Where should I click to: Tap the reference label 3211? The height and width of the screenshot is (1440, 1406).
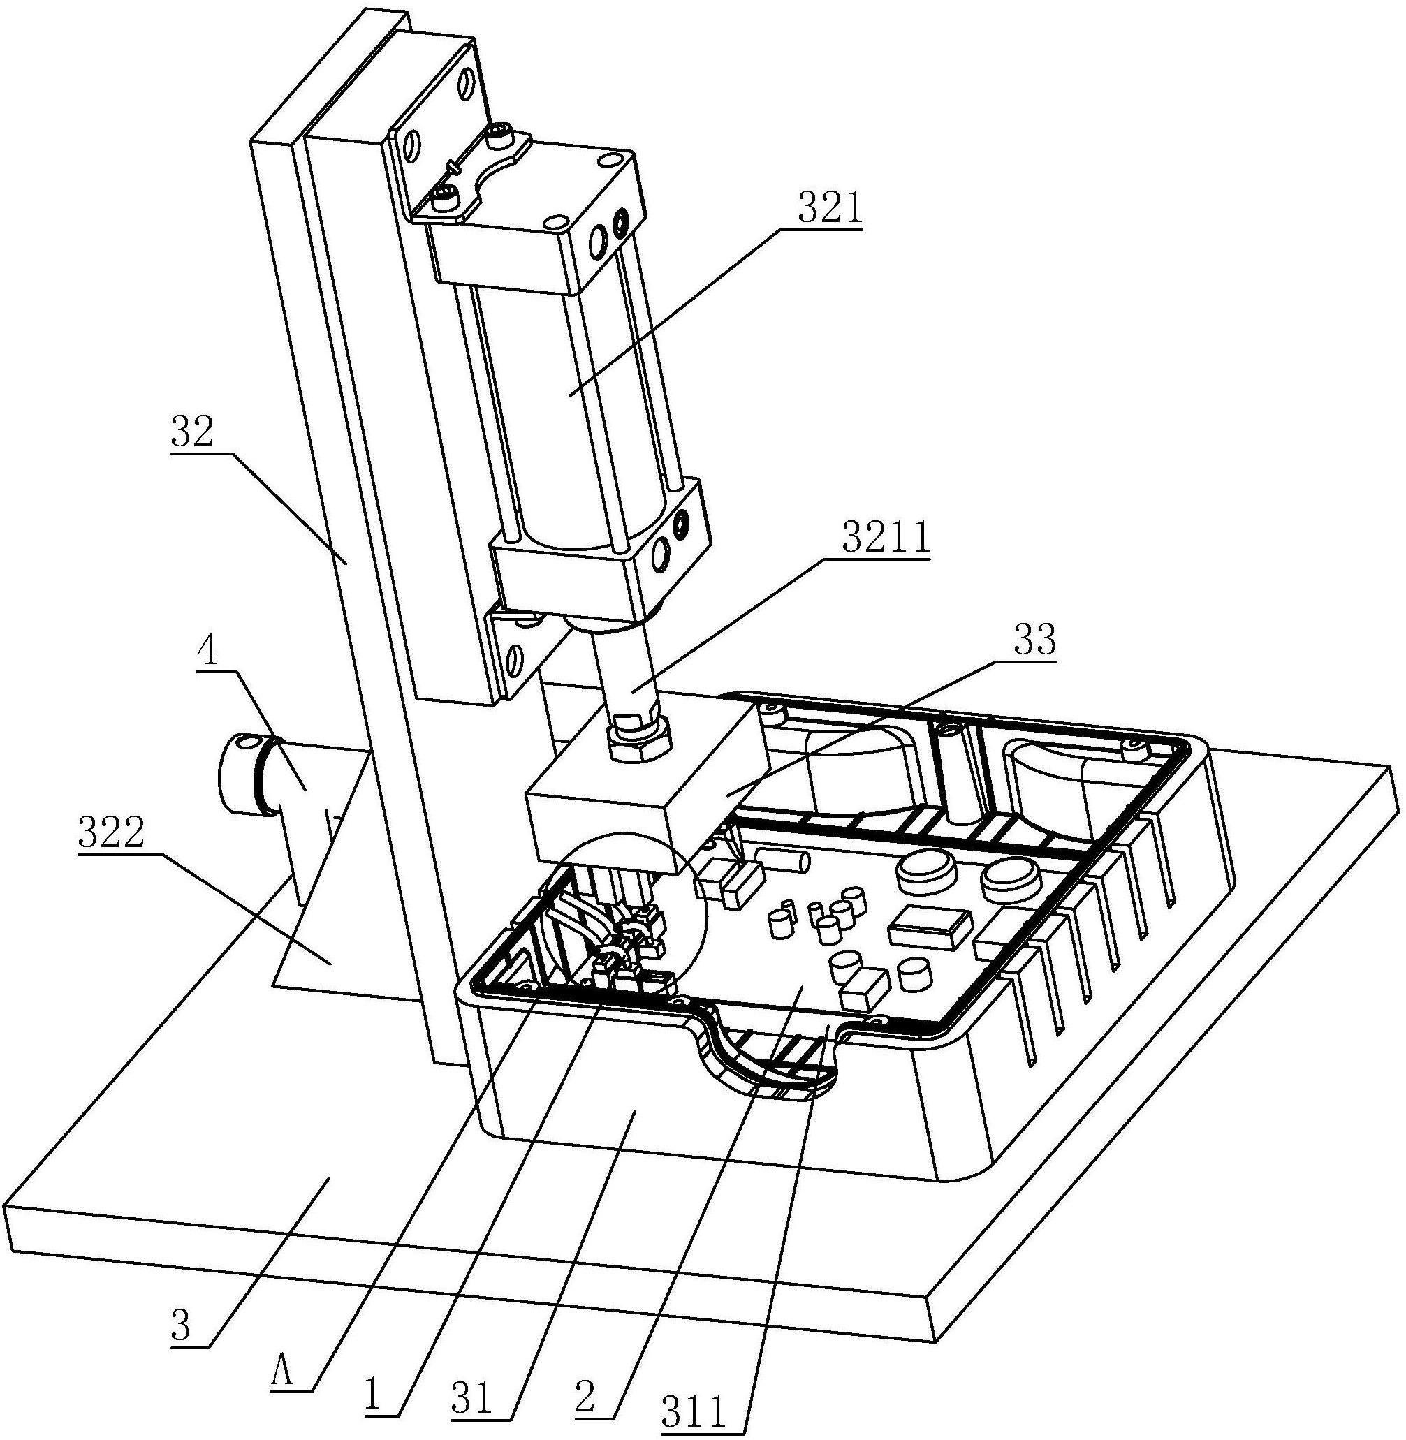point(886,539)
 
